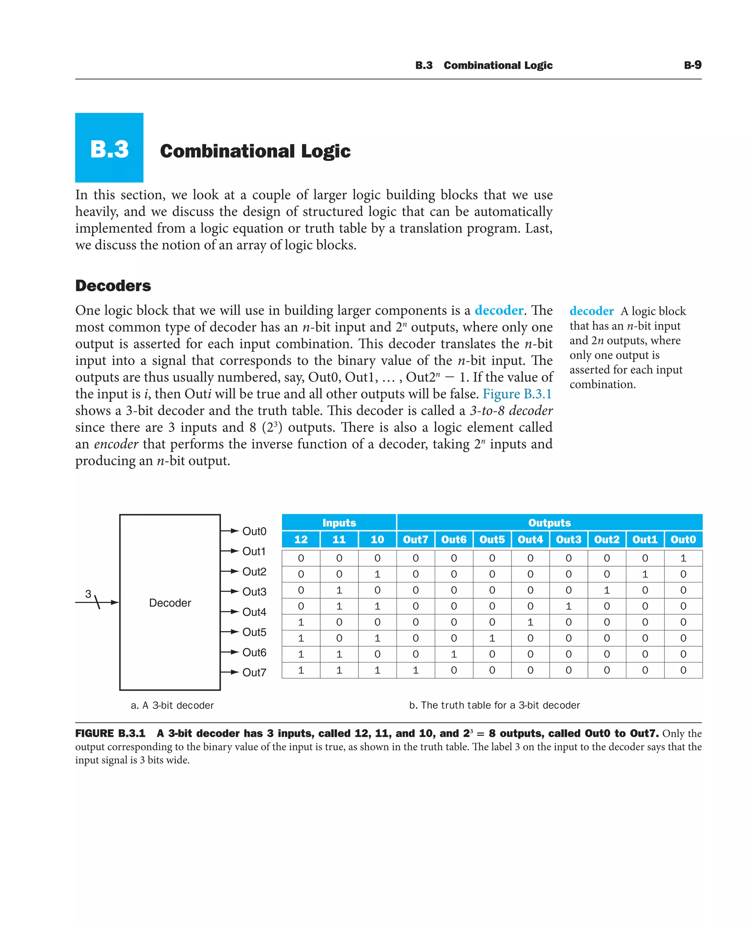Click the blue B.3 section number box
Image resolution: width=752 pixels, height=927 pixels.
coord(109,148)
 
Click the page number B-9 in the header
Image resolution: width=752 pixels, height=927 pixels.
coord(692,65)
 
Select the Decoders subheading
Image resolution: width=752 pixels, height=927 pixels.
coord(113,286)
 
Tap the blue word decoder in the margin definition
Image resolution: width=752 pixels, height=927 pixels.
coord(591,311)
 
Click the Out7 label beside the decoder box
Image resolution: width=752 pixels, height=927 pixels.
coord(254,672)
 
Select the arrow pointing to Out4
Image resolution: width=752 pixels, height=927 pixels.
coord(230,611)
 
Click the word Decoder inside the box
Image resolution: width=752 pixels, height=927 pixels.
coord(170,603)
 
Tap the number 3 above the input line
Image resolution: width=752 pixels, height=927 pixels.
coord(88,594)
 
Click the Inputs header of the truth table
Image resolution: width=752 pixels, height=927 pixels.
coord(339,523)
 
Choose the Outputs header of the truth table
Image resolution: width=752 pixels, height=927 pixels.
coord(549,523)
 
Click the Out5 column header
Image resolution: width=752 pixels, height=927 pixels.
coord(492,539)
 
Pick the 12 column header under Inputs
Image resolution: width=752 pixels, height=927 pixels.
coord(301,539)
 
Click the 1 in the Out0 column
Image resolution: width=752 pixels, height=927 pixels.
coord(683,558)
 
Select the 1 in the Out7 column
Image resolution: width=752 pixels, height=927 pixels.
coord(415,670)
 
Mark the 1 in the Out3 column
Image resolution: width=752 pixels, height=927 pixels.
coord(568,606)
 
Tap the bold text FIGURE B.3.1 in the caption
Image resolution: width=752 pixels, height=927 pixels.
coord(110,734)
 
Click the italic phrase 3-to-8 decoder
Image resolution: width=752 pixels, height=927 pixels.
coord(511,410)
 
